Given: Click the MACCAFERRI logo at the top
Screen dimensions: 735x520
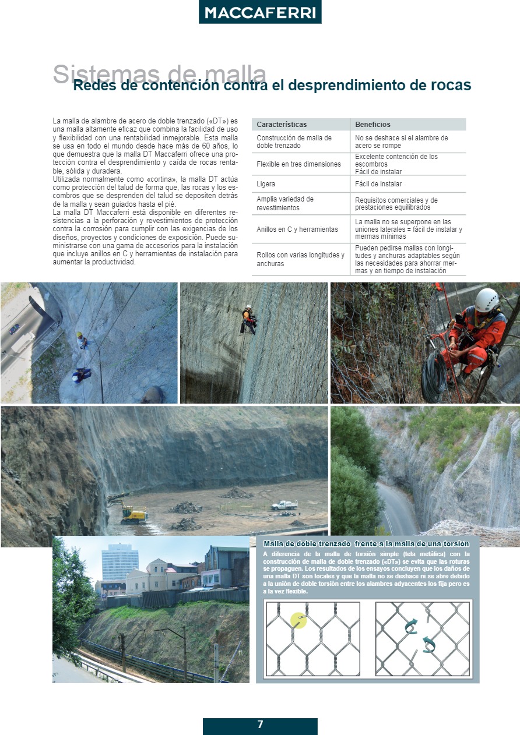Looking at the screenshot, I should [260, 12].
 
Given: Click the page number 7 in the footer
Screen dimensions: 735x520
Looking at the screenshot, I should [260, 725].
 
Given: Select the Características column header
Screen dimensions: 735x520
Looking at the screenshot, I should [282, 125].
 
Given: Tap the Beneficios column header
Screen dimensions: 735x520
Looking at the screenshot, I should [373, 125].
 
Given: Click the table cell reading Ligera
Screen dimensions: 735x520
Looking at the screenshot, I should [266, 184].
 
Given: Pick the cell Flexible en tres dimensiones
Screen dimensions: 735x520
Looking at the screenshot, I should [298, 164].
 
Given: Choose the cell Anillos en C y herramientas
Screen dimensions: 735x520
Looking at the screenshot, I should [297, 229].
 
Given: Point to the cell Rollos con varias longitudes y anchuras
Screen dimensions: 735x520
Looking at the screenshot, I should [300, 259].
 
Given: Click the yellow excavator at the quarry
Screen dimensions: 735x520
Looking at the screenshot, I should [133, 513].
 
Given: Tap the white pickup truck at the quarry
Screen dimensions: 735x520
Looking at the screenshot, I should [284, 505].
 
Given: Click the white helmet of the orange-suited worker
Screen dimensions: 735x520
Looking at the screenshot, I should [486, 300].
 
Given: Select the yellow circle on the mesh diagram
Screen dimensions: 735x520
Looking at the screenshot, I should [298, 620].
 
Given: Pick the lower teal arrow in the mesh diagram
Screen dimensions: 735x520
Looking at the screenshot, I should [429, 644].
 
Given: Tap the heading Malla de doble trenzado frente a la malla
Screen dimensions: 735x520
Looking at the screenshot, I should [366, 544].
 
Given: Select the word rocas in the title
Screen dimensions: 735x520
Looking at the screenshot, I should [449, 86].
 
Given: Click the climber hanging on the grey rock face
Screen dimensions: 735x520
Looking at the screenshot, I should [250, 319].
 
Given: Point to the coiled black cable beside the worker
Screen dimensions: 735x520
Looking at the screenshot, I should [434, 376].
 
